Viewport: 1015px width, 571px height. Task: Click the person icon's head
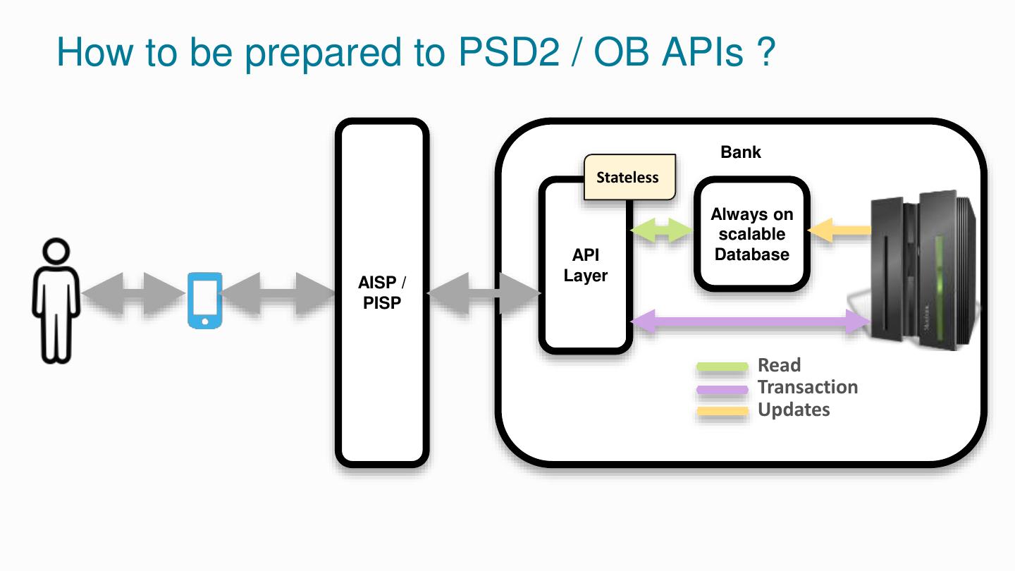(x=56, y=251)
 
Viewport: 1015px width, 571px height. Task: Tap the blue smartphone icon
(x=205, y=300)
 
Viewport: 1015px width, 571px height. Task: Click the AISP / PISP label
(x=382, y=293)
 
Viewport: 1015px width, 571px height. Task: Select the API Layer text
(x=586, y=265)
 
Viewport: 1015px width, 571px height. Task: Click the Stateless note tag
(x=630, y=177)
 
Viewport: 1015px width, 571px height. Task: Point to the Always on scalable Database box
(x=751, y=234)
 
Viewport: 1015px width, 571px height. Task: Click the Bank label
(x=740, y=152)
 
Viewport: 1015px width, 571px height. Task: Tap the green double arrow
(x=662, y=231)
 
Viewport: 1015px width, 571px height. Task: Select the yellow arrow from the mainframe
(x=839, y=231)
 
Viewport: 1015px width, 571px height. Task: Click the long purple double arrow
(x=751, y=321)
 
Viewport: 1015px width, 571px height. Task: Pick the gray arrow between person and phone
(x=134, y=294)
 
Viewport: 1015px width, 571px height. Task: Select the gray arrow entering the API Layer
(x=484, y=294)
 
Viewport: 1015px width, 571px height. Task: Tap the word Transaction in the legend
(x=808, y=387)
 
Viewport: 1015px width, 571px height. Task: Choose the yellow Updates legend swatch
(x=722, y=412)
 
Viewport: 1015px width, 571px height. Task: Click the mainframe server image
(x=922, y=271)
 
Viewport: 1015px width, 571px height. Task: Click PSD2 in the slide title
(x=509, y=52)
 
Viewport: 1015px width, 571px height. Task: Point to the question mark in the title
(x=766, y=51)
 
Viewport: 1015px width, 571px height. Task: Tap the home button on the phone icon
(x=205, y=321)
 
